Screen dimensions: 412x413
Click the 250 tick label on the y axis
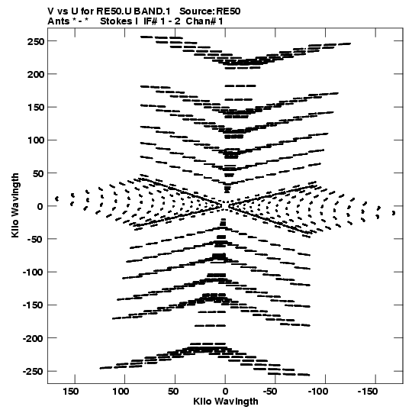(x=35, y=41)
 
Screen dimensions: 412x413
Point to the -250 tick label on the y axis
(x=33, y=371)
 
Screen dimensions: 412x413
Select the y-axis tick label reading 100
(x=35, y=140)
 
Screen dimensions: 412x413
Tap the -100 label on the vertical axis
(x=33, y=273)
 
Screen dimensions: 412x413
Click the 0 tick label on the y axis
(x=40, y=206)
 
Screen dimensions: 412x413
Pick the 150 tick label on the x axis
(x=70, y=392)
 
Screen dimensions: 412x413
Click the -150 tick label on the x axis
(x=368, y=392)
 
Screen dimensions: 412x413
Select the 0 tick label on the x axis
(x=225, y=392)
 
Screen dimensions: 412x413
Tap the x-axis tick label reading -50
(x=270, y=392)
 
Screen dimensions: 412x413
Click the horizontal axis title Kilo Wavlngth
(x=226, y=402)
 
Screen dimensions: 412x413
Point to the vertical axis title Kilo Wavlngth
(x=15, y=205)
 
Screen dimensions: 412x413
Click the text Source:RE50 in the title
(x=210, y=11)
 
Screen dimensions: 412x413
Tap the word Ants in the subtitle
(x=58, y=21)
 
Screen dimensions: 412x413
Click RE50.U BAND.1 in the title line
(x=134, y=11)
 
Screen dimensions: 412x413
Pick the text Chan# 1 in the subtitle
(x=204, y=21)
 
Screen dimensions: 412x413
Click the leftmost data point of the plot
(x=56, y=198)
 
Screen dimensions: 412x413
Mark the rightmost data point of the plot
(x=394, y=213)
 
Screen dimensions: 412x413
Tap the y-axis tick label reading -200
(x=33, y=338)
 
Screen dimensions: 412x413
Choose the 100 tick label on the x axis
(x=121, y=392)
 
